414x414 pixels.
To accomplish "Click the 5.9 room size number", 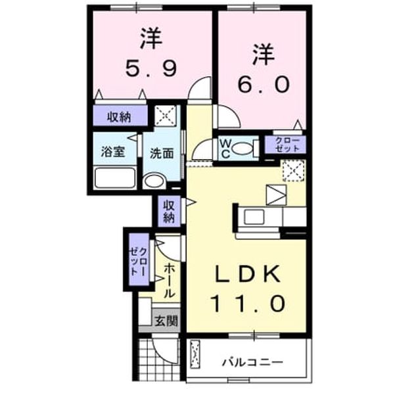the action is coord(150,68).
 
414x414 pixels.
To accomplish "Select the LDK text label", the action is coord(247,274).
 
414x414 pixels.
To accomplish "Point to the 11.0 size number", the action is coord(248,304).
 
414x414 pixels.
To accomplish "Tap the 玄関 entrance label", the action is coord(166,321).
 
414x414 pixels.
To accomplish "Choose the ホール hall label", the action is coord(170,281).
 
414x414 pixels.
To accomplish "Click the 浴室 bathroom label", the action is coord(113,151).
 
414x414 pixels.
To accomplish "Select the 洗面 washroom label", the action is coord(162,153).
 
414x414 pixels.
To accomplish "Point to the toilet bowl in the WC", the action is coord(242,148).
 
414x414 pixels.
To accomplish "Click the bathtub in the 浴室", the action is coord(115,177).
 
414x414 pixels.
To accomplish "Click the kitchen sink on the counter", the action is coord(254,217).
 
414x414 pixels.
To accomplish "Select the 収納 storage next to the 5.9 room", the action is coord(120,116).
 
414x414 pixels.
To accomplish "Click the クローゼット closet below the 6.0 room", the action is coord(285,145).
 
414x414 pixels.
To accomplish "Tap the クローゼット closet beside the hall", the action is coord(139,260).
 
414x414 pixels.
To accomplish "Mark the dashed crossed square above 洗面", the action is coord(166,116).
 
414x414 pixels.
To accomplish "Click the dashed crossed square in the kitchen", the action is coord(294,171).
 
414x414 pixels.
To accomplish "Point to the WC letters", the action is coord(225,149).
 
